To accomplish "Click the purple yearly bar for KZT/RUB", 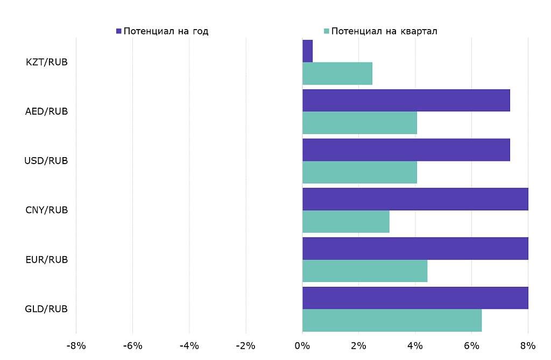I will pos(307,51).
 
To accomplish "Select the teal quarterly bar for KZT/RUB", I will pos(337,74).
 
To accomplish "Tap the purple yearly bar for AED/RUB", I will pos(406,101).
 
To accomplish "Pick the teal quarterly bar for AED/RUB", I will pos(359,123).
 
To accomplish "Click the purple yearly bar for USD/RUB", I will pos(406,150).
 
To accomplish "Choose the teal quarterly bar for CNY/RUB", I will pos(345,222).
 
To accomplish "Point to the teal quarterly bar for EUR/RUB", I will pos(365,271).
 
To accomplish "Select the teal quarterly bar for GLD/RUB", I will pos(392,320).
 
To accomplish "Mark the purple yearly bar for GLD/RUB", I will pos(415,298).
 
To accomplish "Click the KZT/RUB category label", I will pos(47,62).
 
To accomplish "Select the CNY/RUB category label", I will pos(47,210).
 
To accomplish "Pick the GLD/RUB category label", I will pos(46,309).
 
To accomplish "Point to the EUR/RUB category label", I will pos(47,259).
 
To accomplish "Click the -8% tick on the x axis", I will pos(76,345).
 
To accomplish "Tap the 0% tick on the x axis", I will pos(302,345).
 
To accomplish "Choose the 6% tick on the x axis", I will pos(471,345).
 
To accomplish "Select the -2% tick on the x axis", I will pos(246,345).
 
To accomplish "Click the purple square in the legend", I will pos(119,31).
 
